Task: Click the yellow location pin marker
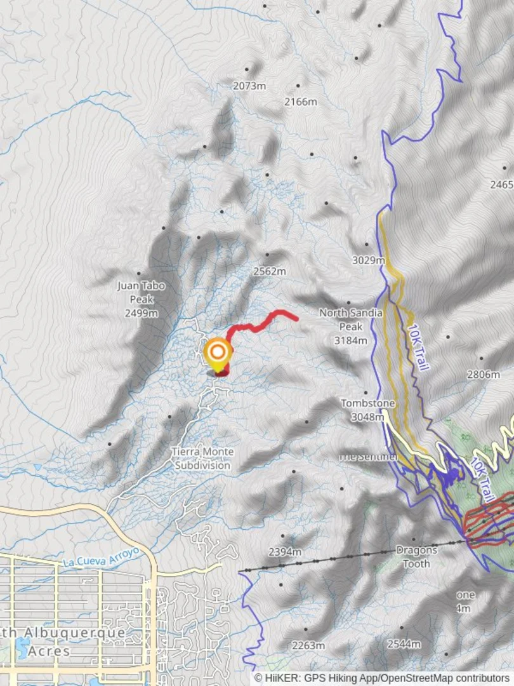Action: point(218,354)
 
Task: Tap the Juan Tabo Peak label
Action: point(141,292)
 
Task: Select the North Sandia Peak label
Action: point(350,319)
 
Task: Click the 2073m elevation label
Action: point(249,86)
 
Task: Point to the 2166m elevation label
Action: point(300,102)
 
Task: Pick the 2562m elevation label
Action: point(270,271)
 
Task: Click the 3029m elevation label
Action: point(369,260)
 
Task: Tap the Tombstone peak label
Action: point(368,403)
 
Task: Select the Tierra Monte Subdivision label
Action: point(202,458)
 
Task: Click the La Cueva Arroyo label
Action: point(101,557)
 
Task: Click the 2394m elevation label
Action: point(285,552)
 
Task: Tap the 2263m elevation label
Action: point(308,645)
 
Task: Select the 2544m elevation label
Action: point(404,644)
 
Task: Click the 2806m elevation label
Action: point(484,375)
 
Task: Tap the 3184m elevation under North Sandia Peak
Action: point(351,340)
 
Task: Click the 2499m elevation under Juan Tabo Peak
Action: point(141,313)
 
